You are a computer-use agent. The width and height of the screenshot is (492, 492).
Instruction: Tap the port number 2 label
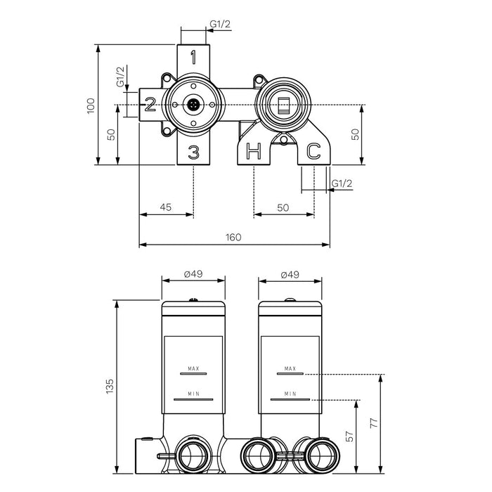coord(150,105)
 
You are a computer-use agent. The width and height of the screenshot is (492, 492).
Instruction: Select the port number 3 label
coord(194,152)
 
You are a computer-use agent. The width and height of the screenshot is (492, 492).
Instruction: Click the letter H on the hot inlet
coord(253,150)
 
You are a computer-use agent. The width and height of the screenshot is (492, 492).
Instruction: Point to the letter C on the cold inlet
coord(313,150)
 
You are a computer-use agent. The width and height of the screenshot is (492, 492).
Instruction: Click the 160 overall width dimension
coord(234,238)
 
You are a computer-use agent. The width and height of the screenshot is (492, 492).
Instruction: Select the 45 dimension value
coord(166,207)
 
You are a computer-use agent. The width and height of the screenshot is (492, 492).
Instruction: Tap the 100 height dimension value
coord(90,105)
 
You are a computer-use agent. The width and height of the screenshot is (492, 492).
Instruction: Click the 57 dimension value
coord(349,436)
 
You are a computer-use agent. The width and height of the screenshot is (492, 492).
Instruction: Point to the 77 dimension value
coord(373,423)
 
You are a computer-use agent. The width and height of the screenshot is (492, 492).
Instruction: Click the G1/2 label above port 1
coord(220,24)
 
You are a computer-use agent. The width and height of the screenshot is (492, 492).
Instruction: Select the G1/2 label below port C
coord(341,183)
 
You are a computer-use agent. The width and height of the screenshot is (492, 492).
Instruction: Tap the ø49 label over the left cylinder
coord(193,274)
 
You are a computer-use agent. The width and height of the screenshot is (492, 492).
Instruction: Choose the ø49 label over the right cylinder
coord(291,274)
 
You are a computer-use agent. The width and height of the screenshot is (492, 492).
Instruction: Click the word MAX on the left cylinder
coord(193,368)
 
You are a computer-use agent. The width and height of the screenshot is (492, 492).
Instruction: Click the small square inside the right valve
coord(283,105)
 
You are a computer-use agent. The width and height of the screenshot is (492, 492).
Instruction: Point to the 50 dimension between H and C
coord(283,207)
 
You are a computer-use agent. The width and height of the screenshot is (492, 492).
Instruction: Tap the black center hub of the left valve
coord(193,105)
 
